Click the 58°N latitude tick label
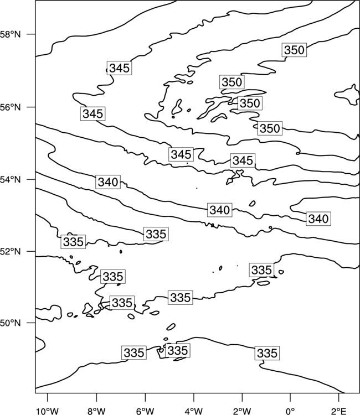click(10, 34)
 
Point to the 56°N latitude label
click(10, 107)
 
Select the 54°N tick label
click(10, 180)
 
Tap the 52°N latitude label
click(10, 251)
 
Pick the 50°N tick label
click(10, 323)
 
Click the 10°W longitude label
click(48, 411)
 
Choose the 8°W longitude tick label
click(96, 411)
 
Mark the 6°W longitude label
click(145, 411)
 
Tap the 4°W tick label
click(194, 411)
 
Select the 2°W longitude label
click(242, 411)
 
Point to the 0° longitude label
click(291, 411)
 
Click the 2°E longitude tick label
click(339, 411)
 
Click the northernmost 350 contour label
click(294, 50)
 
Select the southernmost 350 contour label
click(270, 128)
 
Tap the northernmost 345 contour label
click(120, 68)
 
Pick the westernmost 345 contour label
click(92, 113)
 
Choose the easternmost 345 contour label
click(243, 160)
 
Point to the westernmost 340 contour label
click(108, 182)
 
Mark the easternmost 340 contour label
click(318, 219)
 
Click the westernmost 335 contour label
click(73, 242)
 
